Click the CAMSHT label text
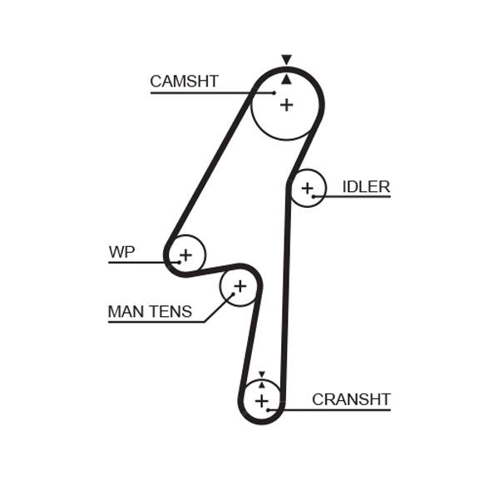point(184,82)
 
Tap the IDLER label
point(366,186)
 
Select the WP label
point(121,252)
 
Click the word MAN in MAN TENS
point(126,312)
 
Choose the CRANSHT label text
point(351,399)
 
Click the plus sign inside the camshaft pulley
point(286,105)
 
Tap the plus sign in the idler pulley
point(308,188)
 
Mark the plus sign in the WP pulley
point(185,254)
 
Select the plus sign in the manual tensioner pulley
point(240,287)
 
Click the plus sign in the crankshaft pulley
point(262,402)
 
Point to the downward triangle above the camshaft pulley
point(286,60)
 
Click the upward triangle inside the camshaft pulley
point(286,79)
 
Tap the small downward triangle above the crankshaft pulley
point(262,375)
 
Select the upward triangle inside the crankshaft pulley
point(262,384)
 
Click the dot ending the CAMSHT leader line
point(274,92)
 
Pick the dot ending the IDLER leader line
point(314,196)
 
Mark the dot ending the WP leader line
point(178,262)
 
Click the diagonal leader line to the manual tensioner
point(217,308)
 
